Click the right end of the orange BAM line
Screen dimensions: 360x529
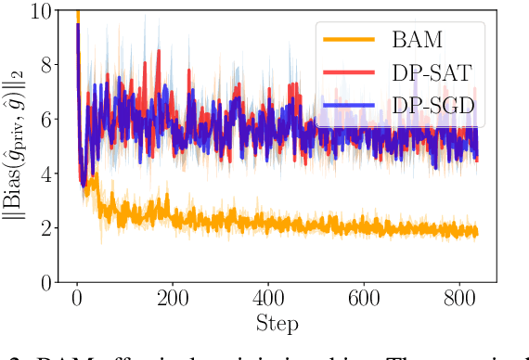tap(478, 234)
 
